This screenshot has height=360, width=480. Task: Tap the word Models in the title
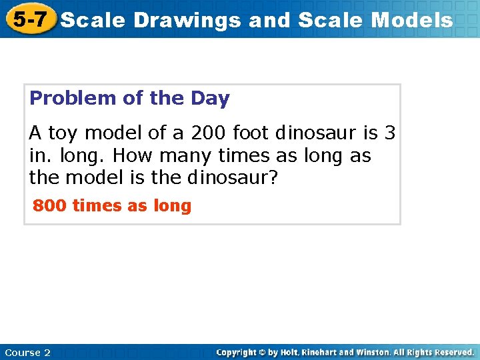point(411,21)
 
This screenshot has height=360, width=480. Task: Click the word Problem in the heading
point(73,99)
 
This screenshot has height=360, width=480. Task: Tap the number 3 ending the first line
point(390,133)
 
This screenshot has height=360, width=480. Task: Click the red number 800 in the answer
point(49,206)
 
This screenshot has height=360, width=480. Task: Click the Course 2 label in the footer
point(27,352)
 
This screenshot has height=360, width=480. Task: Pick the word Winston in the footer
point(390,352)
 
